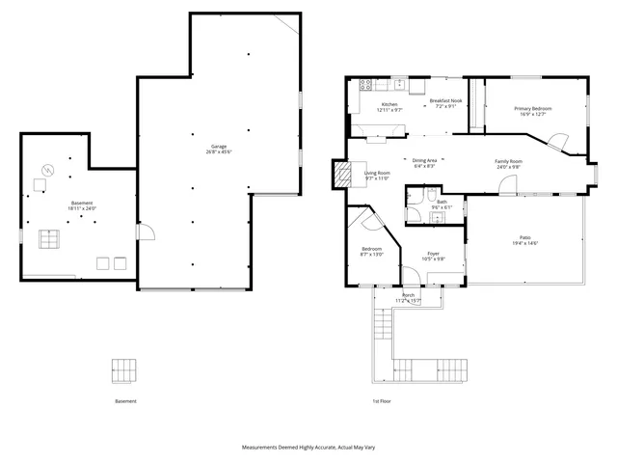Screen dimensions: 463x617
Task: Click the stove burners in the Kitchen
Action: coord(365,86)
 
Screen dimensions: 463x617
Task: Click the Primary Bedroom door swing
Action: coord(557,141)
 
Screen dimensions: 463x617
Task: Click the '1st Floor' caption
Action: coord(382,401)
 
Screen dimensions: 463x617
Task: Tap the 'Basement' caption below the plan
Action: coord(125,401)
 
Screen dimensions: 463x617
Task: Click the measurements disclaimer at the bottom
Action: coord(308,449)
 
